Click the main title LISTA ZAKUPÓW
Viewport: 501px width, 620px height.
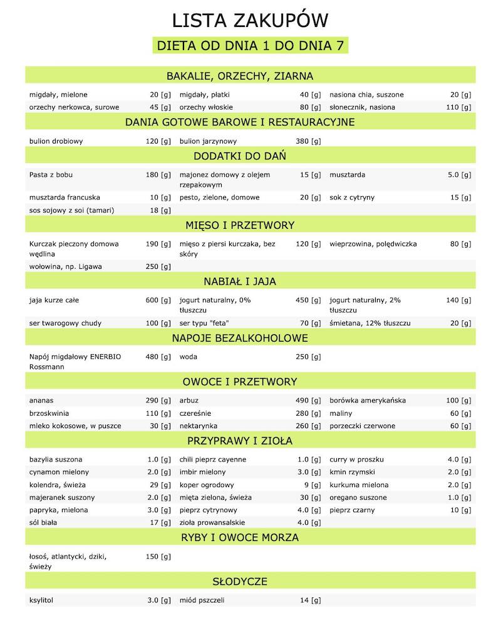coord(250,21)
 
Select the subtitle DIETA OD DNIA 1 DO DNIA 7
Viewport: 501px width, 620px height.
coord(250,46)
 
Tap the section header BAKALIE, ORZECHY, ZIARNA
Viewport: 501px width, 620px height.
coord(250,76)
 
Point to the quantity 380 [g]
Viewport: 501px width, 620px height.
coord(308,141)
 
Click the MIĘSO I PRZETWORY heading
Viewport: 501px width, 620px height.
coord(250,224)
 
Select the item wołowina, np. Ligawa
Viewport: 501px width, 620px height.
coord(66,266)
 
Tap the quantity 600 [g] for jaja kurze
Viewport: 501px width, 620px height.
coord(158,300)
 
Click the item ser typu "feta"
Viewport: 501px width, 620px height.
coord(204,323)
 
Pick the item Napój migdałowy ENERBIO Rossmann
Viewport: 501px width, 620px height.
coord(75,361)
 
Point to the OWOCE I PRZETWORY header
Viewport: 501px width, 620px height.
coord(250,381)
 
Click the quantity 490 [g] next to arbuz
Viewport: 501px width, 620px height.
coord(308,400)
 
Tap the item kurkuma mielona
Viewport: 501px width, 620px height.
coord(359,485)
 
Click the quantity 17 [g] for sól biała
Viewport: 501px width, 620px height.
coord(160,522)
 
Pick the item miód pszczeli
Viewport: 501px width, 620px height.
coord(202,600)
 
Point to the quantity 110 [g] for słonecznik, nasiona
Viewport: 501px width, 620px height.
coord(458,107)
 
